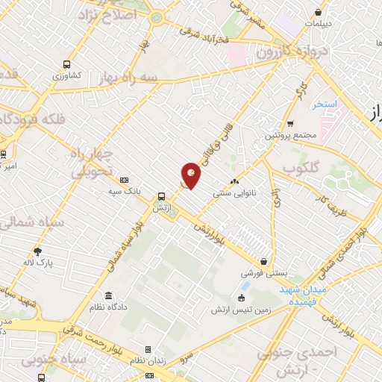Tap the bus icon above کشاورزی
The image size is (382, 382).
pyautogui.click(x=67, y=64)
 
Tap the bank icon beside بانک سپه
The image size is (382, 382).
pyautogui.click(x=124, y=180)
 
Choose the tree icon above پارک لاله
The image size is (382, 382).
pyautogui.click(x=39, y=251)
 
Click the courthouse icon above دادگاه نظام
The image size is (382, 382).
pyautogui.click(x=110, y=295)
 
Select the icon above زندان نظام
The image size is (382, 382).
pyautogui.click(x=148, y=349)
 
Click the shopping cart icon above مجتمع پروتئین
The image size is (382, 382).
pyautogui.click(x=290, y=124)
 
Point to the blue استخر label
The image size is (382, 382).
pyautogui.click(x=326, y=103)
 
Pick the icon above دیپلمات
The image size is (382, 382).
pyautogui.click(x=319, y=12)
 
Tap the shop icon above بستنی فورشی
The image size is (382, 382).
pyautogui.click(x=266, y=261)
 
